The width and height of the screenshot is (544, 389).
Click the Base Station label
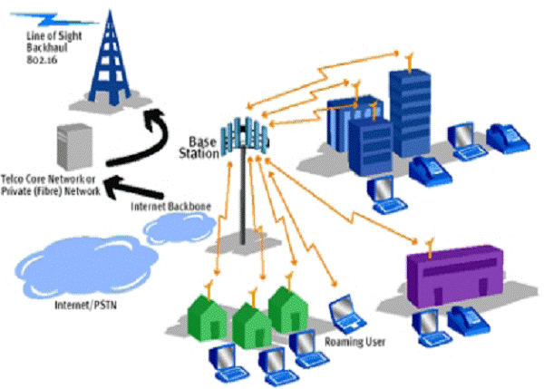pyautogui.click(x=199, y=148)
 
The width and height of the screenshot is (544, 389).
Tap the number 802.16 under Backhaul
pyautogui.click(x=42, y=60)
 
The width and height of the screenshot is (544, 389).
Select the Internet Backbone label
pyautogui.click(x=170, y=207)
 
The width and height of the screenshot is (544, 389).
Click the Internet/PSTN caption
pyautogui.click(x=86, y=305)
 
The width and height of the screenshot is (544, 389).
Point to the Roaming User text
pyautogui.click(x=355, y=342)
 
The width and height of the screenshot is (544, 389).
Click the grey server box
pyautogui.click(x=74, y=147)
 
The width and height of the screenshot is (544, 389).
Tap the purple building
pyautogui.click(x=455, y=275)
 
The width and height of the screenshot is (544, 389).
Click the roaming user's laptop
pyautogui.click(x=346, y=314)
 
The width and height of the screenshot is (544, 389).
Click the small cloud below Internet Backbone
pyautogui.click(x=179, y=228)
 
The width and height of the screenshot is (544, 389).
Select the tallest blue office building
pyautogui.click(x=410, y=112)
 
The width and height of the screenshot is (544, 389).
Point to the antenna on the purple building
pyautogui.click(x=430, y=248)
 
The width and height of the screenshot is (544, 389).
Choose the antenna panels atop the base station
pyautogui.click(x=245, y=136)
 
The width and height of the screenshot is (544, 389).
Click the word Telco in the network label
pyautogui.click(x=12, y=179)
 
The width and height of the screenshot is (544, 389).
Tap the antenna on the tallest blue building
pyautogui.click(x=410, y=63)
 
